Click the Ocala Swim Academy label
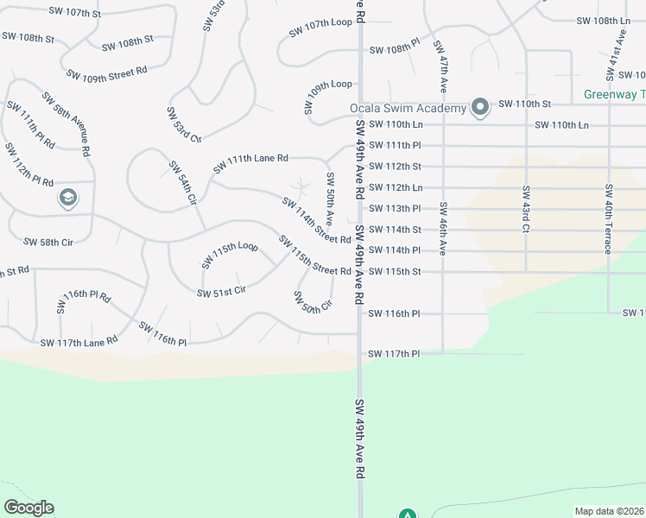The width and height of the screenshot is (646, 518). point(408,109)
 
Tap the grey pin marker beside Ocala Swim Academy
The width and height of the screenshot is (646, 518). point(480,108)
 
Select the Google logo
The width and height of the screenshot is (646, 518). point(28,508)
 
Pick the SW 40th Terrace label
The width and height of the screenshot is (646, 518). point(609,218)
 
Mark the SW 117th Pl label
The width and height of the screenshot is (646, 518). point(394,354)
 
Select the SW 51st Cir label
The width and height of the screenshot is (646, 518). point(222,292)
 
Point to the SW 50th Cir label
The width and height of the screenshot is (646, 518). point(313,302)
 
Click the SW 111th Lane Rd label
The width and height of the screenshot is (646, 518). point(250,161)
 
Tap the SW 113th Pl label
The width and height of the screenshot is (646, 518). point(394,209)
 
